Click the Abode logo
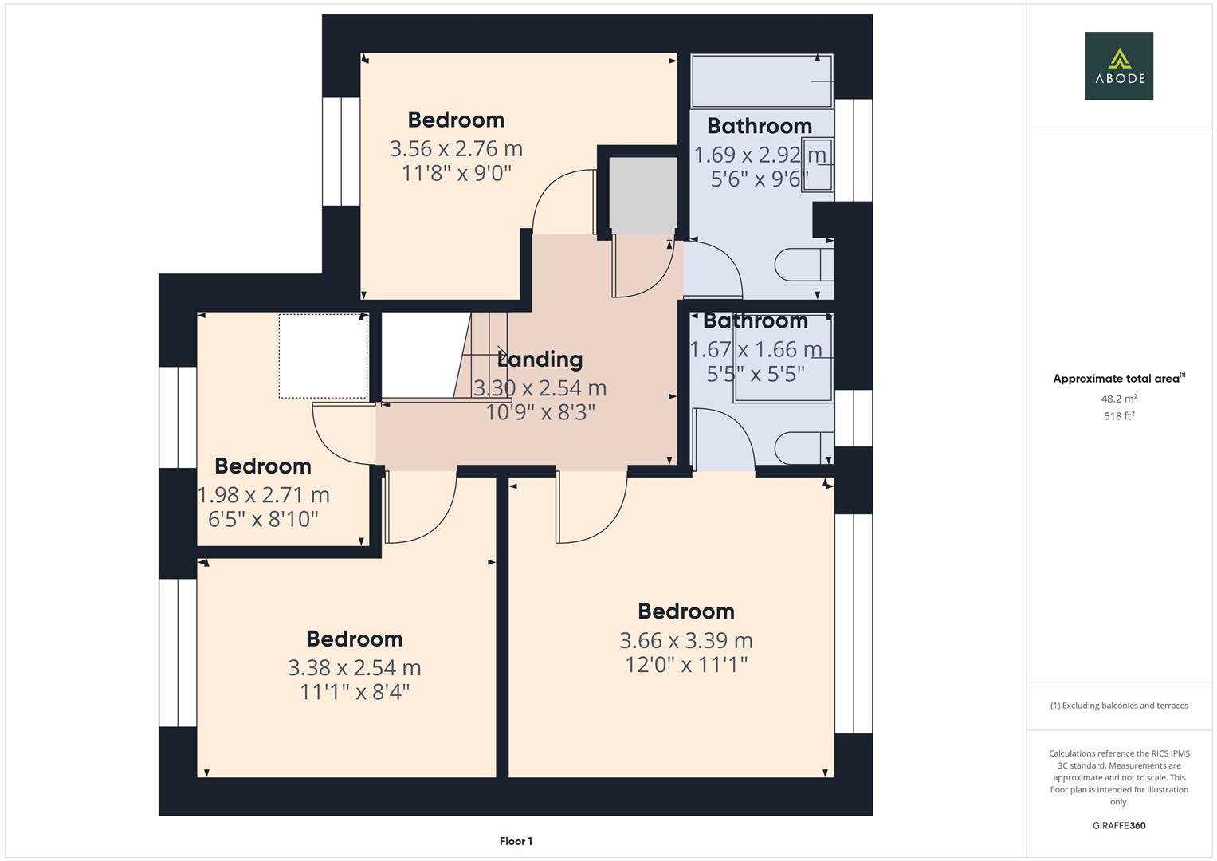click(x=1118, y=65)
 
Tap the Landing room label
click(x=540, y=360)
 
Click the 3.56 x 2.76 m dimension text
click(x=456, y=149)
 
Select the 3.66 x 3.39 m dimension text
click(x=685, y=640)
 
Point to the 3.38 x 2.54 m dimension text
click(x=354, y=667)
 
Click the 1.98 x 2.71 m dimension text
click(x=263, y=495)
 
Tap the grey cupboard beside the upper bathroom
click(x=642, y=195)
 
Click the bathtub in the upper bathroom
click(x=761, y=81)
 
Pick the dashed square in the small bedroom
click(x=323, y=356)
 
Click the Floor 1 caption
click(x=516, y=841)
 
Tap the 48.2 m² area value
click(x=1119, y=399)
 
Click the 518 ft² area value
click(x=1119, y=415)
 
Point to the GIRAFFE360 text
click(x=1119, y=825)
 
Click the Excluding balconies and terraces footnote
click(x=1119, y=706)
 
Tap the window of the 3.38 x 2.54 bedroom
click(x=178, y=652)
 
